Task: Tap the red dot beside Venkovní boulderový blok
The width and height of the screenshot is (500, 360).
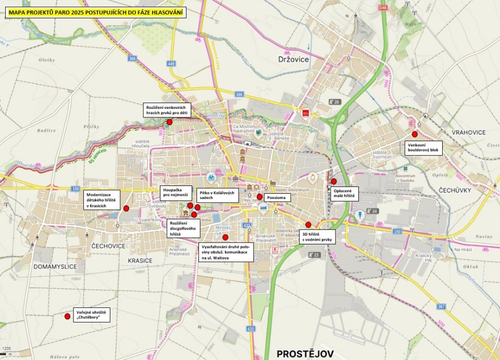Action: point(415,134)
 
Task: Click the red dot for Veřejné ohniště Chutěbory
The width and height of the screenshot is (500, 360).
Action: point(67,316)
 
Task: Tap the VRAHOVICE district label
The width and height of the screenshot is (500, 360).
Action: point(468,132)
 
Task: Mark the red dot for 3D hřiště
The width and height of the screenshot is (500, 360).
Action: point(308,225)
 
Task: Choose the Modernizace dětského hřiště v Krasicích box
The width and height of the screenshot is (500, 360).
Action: point(102,200)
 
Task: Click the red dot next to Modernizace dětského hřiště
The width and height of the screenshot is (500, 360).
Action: point(126,208)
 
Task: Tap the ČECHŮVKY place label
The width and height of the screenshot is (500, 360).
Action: point(455,190)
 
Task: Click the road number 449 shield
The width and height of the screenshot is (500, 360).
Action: point(171,64)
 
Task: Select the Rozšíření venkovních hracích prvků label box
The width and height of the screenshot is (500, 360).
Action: point(168,109)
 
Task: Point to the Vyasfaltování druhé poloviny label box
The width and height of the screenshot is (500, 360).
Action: point(226,252)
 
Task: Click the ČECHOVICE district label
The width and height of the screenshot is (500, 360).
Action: point(108,246)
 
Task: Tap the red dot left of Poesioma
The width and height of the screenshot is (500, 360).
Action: point(259,197)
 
